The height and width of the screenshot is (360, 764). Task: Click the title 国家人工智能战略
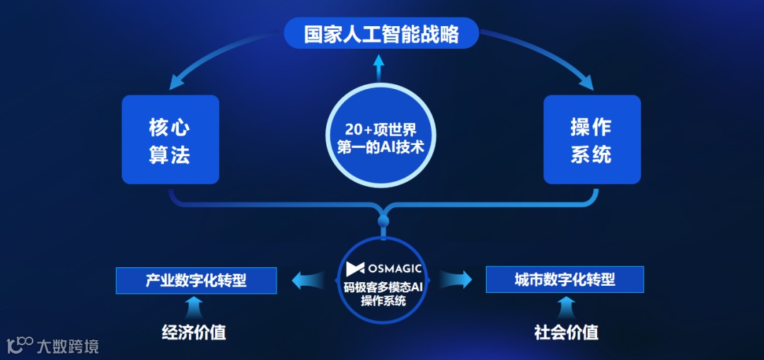381,33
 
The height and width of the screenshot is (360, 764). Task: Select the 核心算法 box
170,140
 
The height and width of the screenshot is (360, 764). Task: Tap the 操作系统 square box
591,140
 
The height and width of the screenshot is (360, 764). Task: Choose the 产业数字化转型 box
196,280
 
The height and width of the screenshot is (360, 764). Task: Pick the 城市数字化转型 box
565,279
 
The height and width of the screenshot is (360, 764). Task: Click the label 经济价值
194,332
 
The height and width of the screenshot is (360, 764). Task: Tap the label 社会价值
566,332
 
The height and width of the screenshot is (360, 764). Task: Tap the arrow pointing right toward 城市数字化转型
460,280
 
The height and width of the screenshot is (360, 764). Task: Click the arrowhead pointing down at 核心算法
173,83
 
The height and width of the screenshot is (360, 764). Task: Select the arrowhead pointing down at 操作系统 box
586,83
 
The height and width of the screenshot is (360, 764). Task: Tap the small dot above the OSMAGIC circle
383,223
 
